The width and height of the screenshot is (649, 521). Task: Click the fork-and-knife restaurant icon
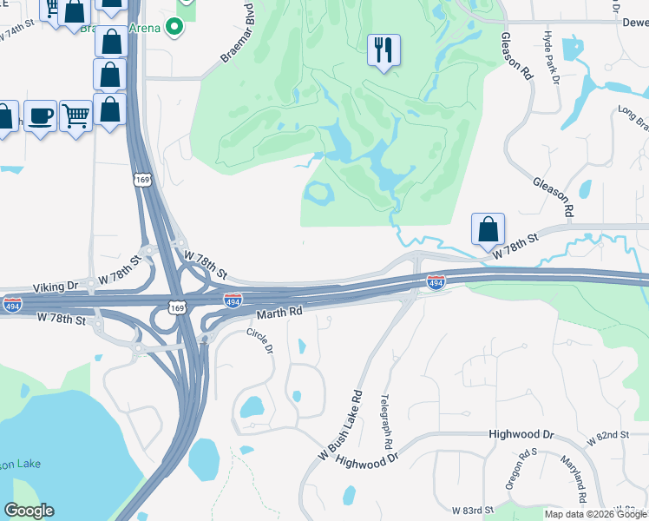tap(383, 49)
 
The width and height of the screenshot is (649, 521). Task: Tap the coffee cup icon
tap(40, 115)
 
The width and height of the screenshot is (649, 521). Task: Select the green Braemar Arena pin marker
tap(174, 27)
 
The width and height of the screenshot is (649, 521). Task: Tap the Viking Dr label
tap(56, 286)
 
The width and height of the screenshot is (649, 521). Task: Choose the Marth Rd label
tap(279, 311)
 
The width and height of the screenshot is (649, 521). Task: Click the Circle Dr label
tap(260, 340)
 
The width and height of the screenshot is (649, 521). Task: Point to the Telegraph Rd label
tap(386, 421)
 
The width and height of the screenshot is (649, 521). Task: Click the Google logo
tap(29, 511)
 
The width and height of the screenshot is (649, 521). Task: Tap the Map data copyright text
tap(594, 514)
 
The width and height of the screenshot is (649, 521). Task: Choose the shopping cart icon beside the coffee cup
tap(76, 114)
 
